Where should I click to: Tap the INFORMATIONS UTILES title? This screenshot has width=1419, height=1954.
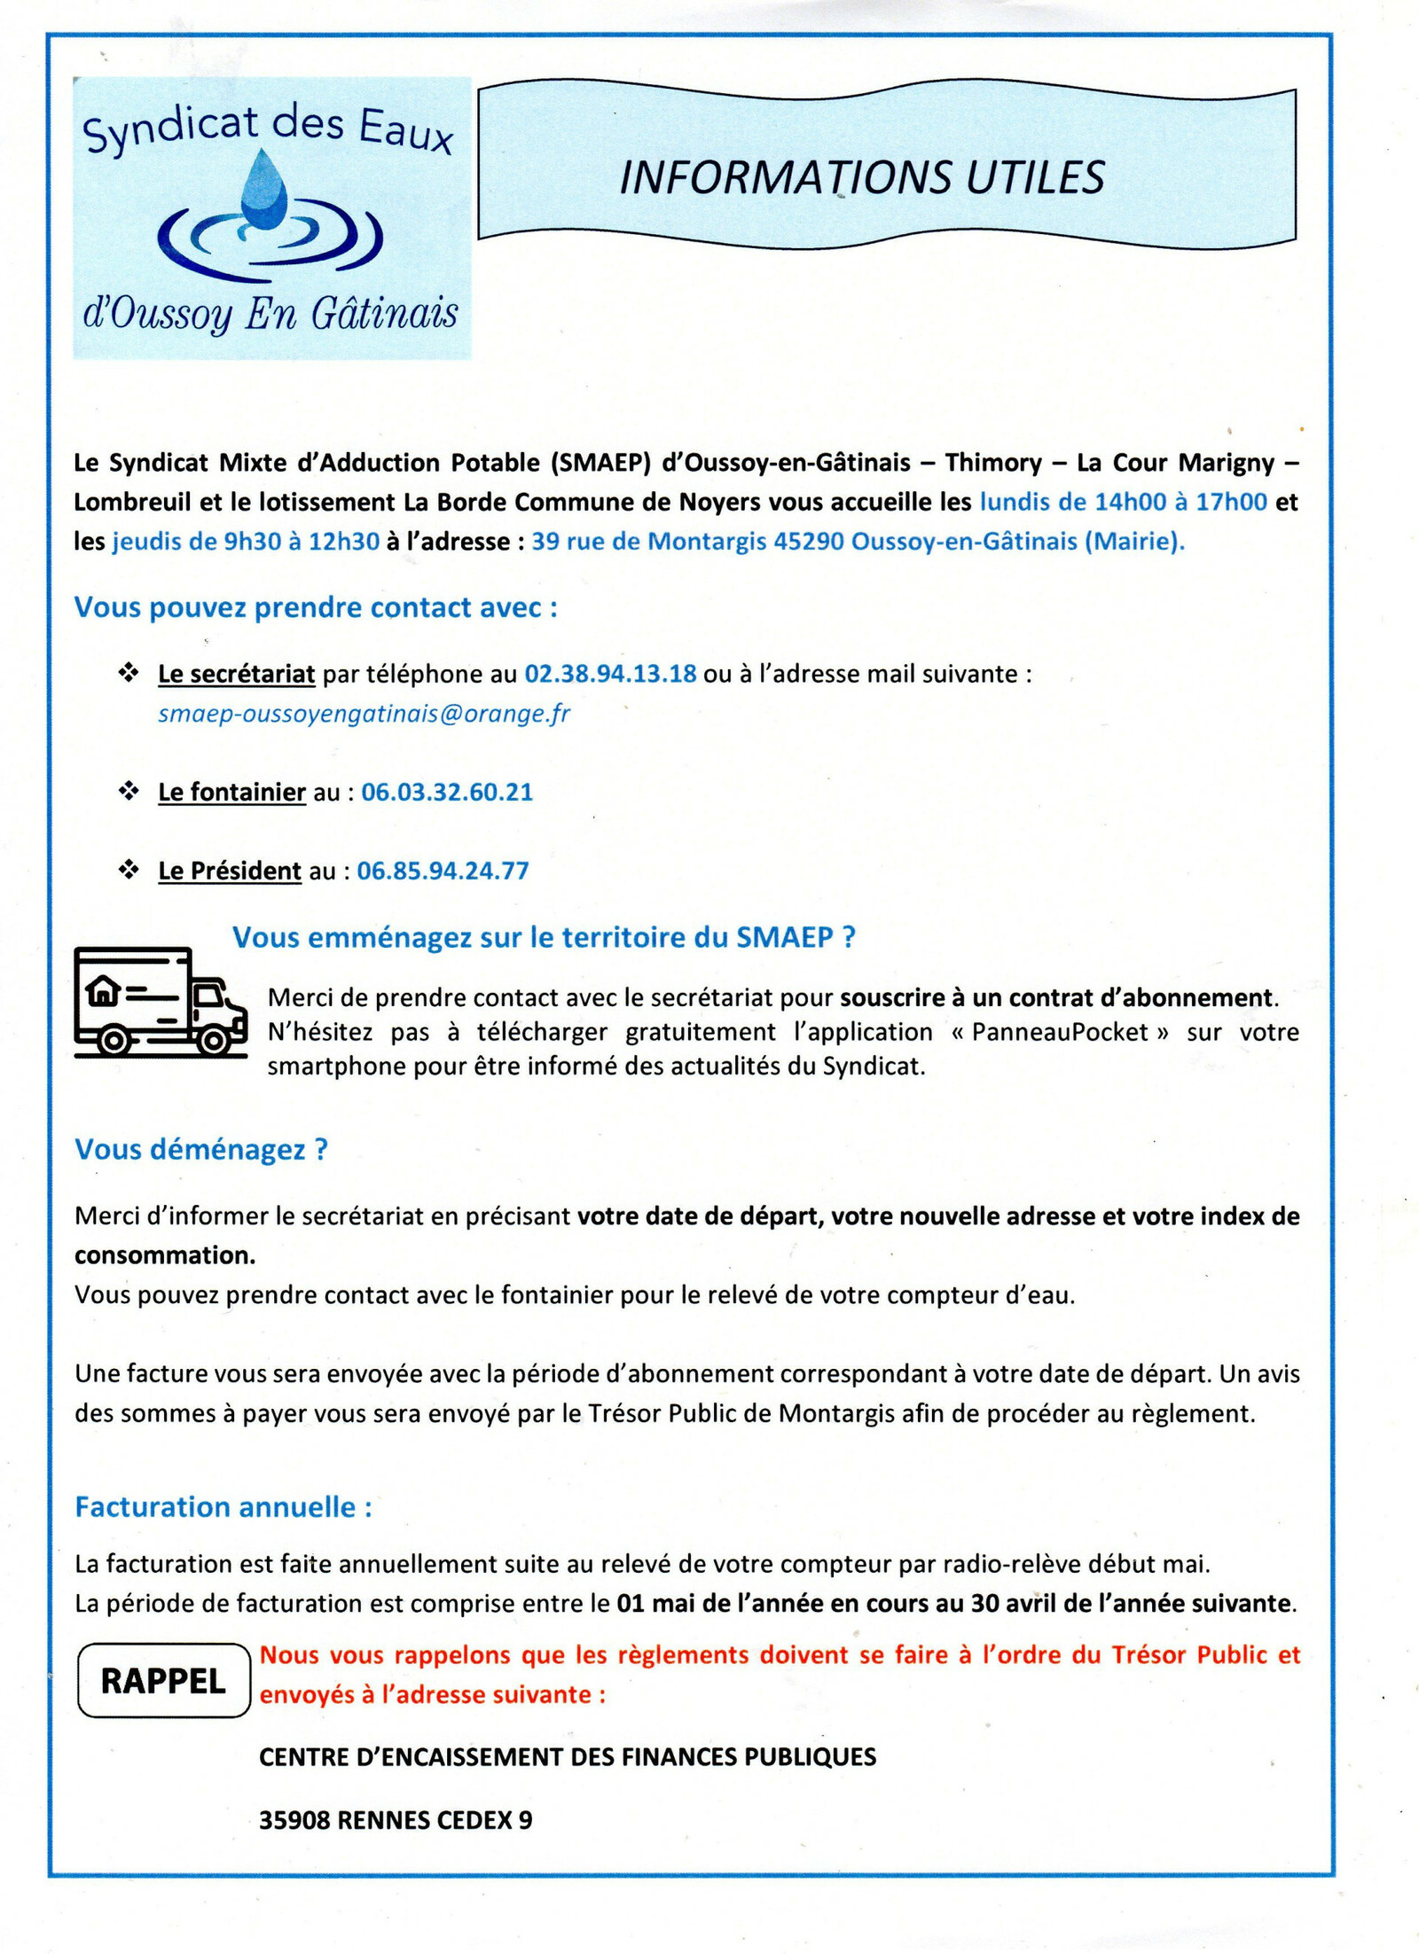tap(861, 177)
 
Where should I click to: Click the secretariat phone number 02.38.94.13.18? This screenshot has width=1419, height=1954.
tap(610, 674)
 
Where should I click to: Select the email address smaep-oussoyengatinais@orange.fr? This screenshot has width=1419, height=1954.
tap(364, 714)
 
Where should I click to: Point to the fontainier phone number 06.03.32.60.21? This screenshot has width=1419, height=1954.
tap(447, 792)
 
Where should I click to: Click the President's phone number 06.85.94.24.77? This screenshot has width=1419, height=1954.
tap(443, 871)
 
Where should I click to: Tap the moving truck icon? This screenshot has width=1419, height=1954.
tap(160, 1002)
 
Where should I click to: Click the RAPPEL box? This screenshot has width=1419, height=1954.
tap(164, 1681)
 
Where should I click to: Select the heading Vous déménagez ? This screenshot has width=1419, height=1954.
tap(201, 1149)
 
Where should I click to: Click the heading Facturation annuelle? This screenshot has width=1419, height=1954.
tap(223, 1506)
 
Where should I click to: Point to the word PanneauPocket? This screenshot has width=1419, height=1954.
tap(1060, 1032)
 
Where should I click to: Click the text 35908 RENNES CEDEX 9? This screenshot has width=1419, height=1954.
tap(396, 1820)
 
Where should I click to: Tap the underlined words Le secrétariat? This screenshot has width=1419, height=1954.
tap(236, 674)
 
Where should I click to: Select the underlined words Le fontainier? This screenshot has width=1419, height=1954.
tap(231, 792)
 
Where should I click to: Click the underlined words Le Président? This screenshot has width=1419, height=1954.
tap(230, 871)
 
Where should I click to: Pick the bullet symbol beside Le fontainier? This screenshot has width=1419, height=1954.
tap(129, 791)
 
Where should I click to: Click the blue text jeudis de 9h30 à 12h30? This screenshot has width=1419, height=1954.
tap(246, 541)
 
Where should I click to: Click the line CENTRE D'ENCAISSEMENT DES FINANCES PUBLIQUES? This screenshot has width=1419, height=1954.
tap(568, 1757)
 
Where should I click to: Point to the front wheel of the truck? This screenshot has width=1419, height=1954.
tap(213, 1040)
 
